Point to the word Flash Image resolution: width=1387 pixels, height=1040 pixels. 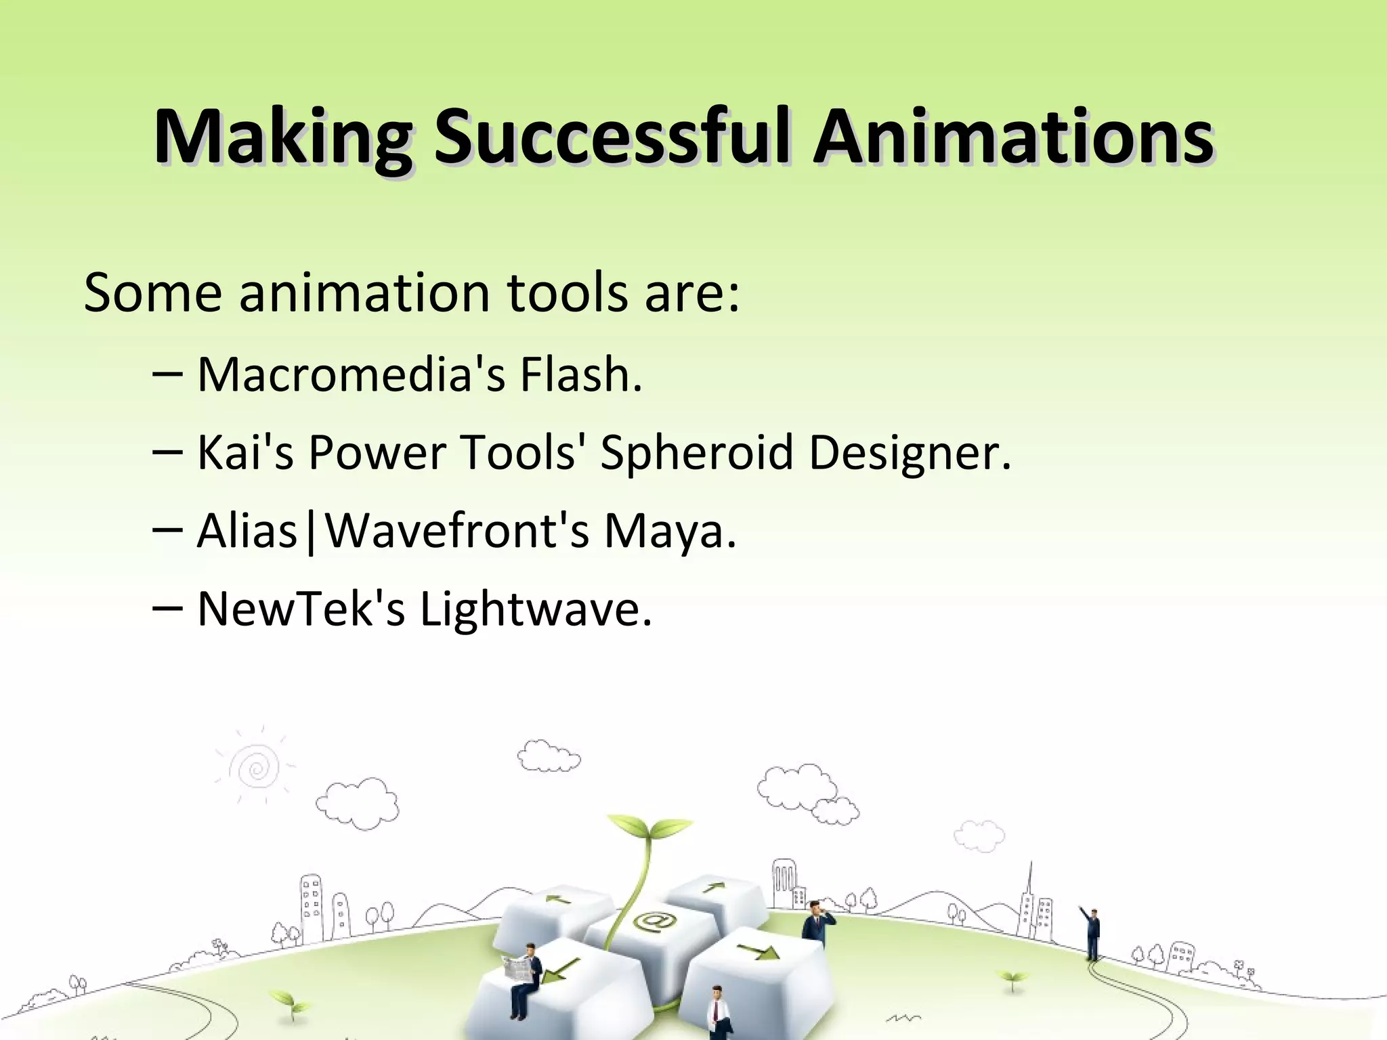pos(580,374)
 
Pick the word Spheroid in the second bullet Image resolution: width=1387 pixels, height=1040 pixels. pos(696,452)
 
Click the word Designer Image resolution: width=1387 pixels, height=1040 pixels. pos(910,452)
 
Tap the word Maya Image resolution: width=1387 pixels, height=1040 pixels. pos(669,530)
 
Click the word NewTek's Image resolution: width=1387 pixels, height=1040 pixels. pos(301,609)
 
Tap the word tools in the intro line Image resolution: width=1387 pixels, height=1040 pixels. pos(568,292)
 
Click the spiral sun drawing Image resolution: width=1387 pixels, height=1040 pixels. pos(256,768)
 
